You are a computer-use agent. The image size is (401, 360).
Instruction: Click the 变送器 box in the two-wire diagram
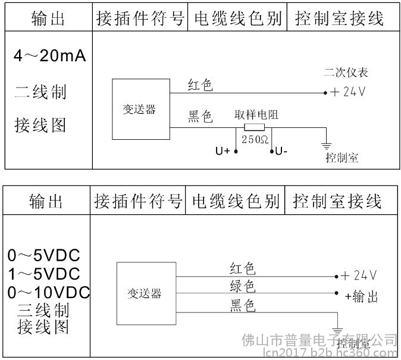pos(140,109)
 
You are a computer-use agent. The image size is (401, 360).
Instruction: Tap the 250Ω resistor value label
pos(255,140)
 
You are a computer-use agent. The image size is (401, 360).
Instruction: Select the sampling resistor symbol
pos(255,127)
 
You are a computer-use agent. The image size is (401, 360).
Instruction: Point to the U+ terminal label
pos(223,151)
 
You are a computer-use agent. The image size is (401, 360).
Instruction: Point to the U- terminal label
pos(281,151)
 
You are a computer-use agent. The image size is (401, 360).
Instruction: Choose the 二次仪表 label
pos(346,73)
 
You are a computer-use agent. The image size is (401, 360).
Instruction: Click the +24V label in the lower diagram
pos(359,276)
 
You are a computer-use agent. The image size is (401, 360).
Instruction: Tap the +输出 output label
pos(362,296)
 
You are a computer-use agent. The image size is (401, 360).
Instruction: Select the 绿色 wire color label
pos(243,287)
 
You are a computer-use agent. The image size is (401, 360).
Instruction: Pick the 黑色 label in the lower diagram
pos(243,306)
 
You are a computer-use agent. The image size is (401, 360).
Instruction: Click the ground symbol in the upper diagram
pos(326,145)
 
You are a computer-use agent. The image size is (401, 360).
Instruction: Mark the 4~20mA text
pos(50,57)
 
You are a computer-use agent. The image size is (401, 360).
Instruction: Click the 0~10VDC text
pos(49,292)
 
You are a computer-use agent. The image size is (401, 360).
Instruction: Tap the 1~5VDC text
pos(45,274)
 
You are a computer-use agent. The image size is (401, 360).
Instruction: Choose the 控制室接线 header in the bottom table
pos(337,202)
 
